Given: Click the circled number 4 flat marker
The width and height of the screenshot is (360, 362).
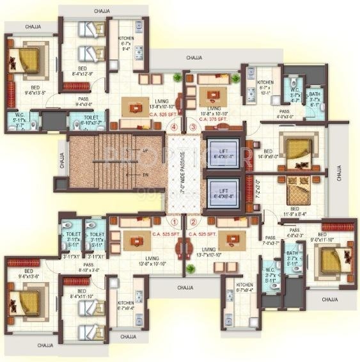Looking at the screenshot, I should point(174,127).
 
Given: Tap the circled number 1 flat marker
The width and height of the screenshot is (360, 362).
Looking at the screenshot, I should point(174,223).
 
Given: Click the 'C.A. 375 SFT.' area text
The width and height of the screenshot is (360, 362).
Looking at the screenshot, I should point(213,119).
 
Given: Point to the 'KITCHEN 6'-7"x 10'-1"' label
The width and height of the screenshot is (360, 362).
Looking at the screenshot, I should point(265,86).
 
